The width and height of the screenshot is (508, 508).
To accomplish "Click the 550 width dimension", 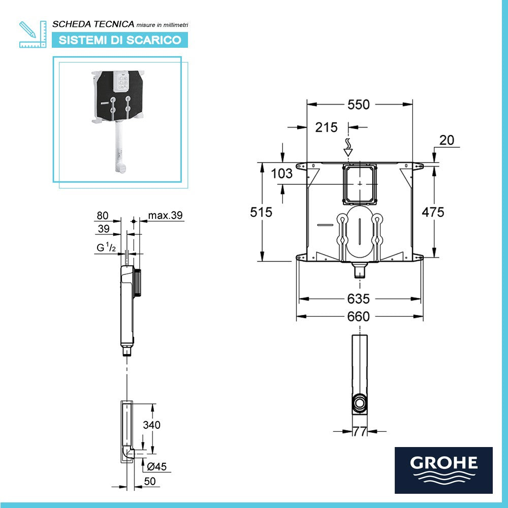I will tap(359, 105).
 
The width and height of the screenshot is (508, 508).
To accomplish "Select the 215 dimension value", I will tap(326, 128).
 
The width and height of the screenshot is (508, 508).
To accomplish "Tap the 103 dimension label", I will tap(282, 174).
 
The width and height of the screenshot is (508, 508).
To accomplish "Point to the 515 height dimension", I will tap(261, 212).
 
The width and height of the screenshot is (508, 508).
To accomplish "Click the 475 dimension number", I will tap(433, 212).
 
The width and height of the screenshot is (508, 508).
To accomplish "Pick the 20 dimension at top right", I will tap(447, 141).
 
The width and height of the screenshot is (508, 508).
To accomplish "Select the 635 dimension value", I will tap(359, 299).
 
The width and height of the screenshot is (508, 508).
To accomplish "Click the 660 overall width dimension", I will tap(359, 316).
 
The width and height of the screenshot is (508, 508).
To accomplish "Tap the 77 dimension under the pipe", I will tap(360, 432).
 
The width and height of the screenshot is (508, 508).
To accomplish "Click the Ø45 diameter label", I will tap(156, 467).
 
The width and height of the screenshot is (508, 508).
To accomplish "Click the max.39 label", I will tap(165, 215).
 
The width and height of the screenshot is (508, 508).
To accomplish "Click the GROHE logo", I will tap(443, 470).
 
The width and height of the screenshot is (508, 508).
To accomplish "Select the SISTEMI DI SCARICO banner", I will tap(120, 40).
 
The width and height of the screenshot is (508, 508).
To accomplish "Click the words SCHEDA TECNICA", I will tap(93, 24).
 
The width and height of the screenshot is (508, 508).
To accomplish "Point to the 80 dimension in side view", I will tap(103, 215).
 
